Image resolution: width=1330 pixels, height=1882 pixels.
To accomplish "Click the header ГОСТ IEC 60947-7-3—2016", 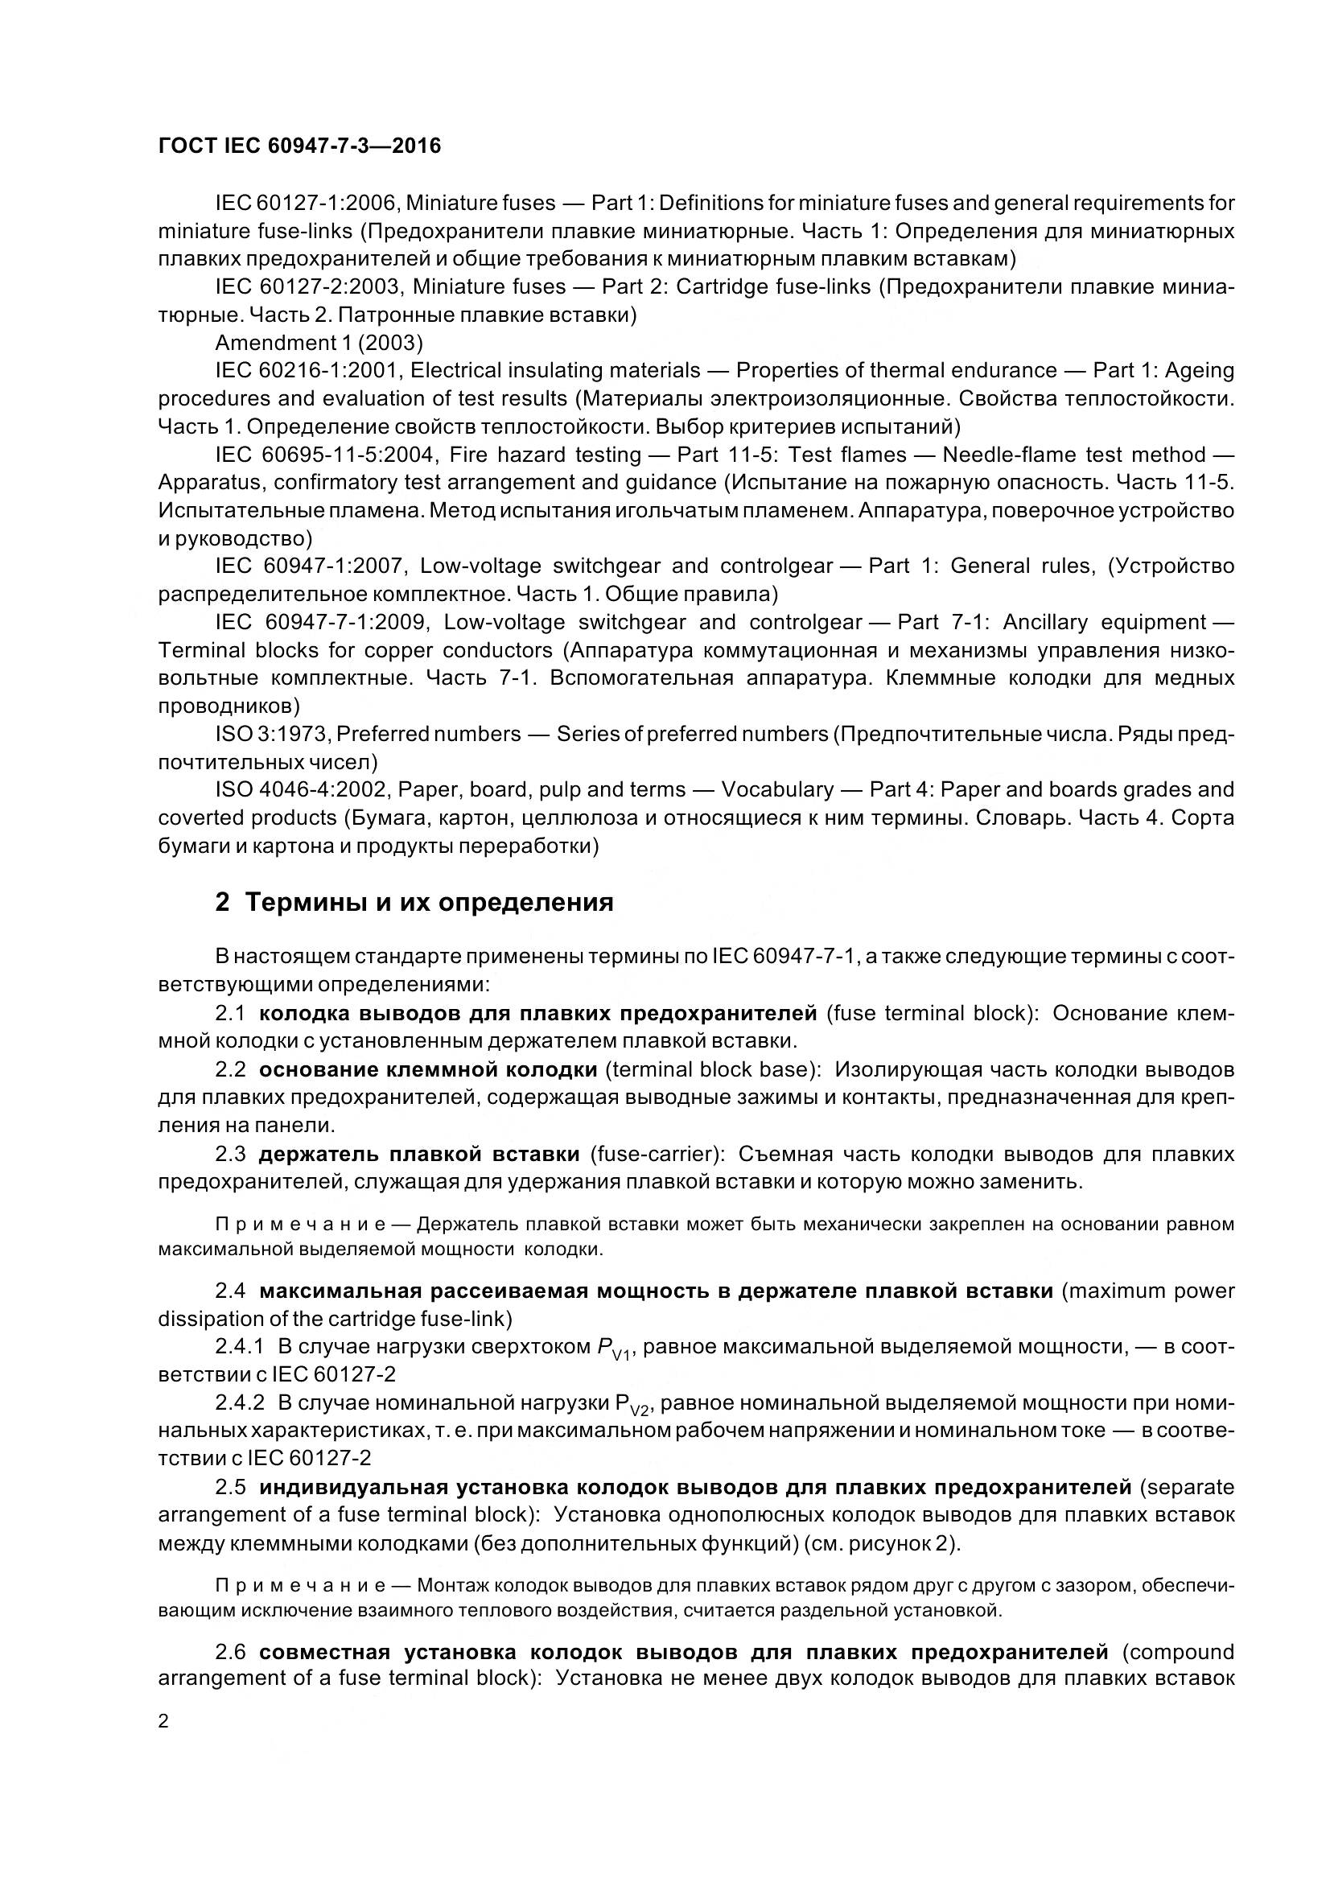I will (x=299, y=146).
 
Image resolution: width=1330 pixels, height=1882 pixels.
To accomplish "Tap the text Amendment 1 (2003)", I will (x=319, y=342).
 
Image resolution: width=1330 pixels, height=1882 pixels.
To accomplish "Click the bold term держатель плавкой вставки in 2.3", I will (x=419, y=1154).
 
